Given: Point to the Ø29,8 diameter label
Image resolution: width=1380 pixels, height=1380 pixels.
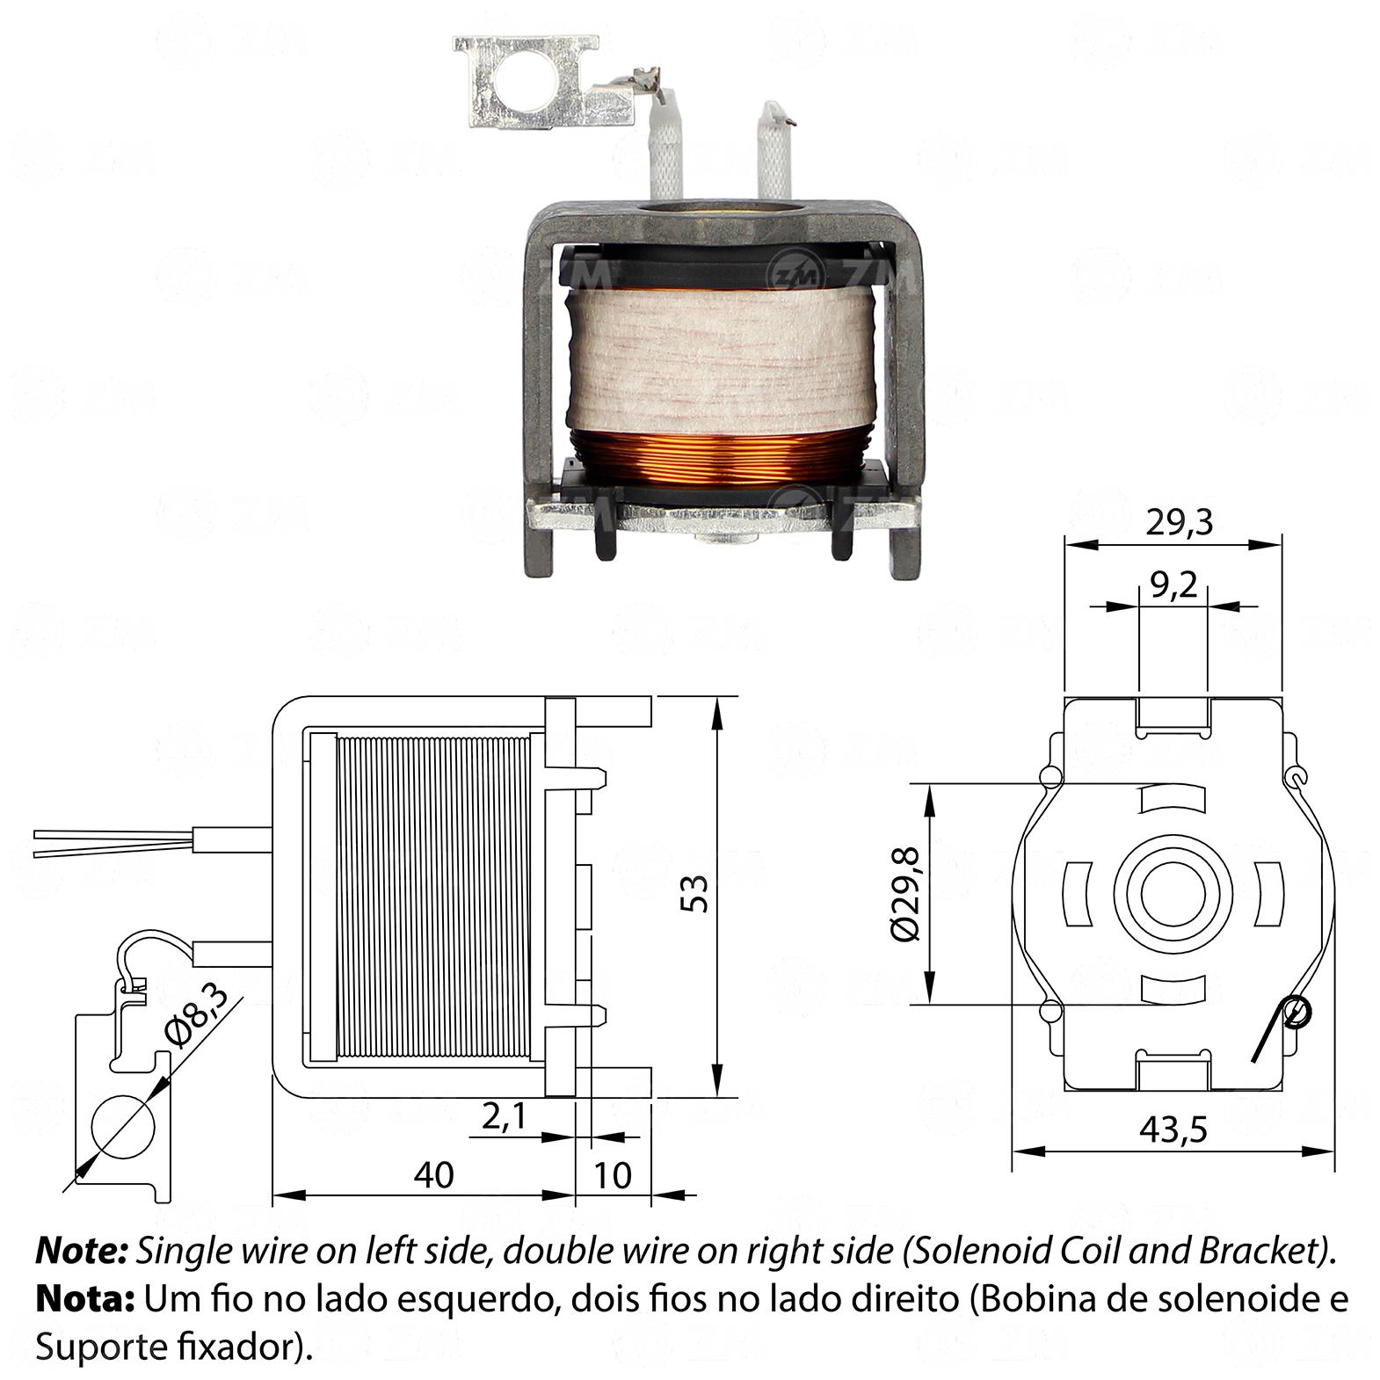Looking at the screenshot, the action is (904, 894).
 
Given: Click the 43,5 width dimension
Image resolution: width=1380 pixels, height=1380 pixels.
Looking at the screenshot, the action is (1173, 1129).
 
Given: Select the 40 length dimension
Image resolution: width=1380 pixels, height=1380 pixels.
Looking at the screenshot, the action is (435, 1174).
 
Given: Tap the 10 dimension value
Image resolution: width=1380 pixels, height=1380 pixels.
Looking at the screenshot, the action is (614, 1174).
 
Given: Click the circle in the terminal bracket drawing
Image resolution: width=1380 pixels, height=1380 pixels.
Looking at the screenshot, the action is (124, 1127).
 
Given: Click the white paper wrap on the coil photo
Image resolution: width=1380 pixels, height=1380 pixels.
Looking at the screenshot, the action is (723, 360).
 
